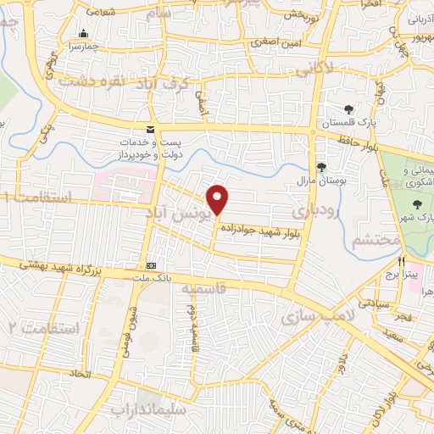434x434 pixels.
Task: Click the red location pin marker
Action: point(219,199)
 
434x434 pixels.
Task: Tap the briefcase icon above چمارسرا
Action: point(83,36)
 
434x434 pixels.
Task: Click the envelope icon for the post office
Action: point(150,130)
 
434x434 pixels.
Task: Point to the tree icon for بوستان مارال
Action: point(320,167)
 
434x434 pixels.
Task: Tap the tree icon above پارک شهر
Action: point(417,203)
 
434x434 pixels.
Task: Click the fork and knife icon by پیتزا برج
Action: point(403,261)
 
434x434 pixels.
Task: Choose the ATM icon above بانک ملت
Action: point(151,264)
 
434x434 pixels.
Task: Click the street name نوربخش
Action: point(299,15)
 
